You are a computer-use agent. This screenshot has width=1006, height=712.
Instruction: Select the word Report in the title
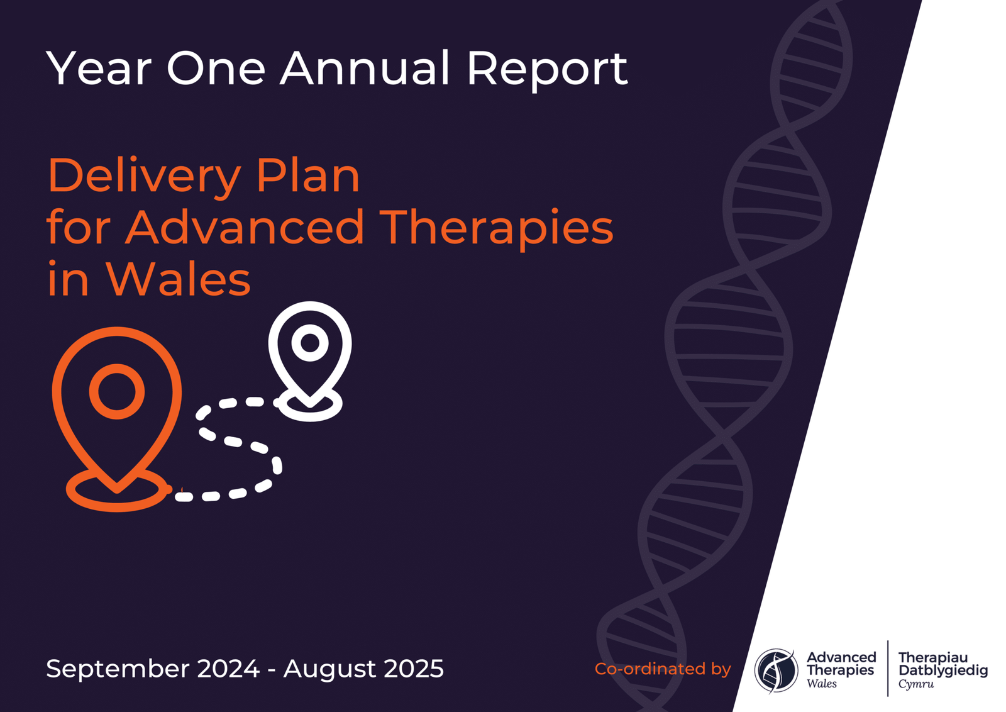[x=546, y=69]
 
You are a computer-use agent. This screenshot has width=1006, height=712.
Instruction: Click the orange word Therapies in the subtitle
[x=496, y=228]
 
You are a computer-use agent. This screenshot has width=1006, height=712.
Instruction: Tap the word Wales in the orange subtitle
[x=179, y=279]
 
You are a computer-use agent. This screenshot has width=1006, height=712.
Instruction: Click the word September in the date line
[x=118, y=669]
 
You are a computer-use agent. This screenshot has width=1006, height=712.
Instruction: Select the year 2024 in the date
[x=228, y=668]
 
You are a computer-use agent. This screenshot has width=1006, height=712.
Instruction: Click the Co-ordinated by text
[x=663, y=669]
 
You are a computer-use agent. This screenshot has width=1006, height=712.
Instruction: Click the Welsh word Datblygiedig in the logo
[x=943, y=671]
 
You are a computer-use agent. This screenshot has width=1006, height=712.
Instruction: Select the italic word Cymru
[x=916, y=684]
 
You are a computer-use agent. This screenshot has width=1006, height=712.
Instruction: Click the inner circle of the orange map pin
[x=117, y=391]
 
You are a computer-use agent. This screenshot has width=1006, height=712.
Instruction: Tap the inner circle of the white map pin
[x=310, y=343]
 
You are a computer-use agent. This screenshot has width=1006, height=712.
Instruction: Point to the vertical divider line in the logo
[x=888, y=668]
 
